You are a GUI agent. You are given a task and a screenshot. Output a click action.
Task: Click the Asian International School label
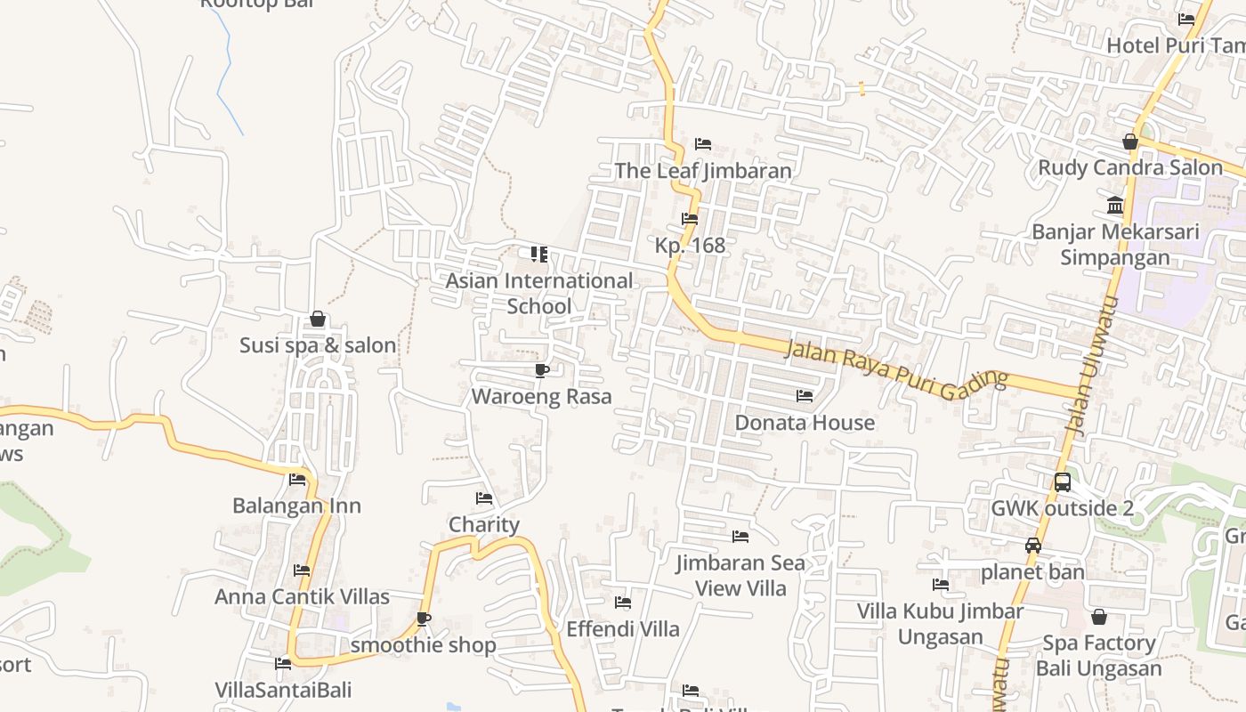tap(539, 293)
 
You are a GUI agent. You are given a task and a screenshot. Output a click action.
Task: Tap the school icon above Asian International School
tap(539, 255)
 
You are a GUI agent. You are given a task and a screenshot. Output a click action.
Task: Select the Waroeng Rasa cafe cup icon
tap(541, 370)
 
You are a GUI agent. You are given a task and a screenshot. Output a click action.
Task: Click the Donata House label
tap(805, 422)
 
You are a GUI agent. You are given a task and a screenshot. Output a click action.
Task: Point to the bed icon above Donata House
tap(805, 395)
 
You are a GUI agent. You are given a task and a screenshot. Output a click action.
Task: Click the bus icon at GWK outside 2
tap(1063, 482)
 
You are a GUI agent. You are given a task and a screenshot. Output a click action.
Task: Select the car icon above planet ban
tap(1033, 546)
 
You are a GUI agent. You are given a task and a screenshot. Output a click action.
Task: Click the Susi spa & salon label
tap(318, 345)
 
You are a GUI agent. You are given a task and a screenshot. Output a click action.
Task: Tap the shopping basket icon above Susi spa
tap(318, 319)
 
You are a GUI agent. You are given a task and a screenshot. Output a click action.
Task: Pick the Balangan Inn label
tap(296, 506)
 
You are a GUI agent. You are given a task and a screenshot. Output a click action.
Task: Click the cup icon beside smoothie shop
tap(424, 619)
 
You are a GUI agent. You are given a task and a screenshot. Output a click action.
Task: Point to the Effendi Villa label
tap(623, 629)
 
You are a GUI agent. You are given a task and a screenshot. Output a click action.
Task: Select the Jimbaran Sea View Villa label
tap(740, 575)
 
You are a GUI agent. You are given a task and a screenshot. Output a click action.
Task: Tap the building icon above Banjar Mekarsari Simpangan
tap(1115, 206)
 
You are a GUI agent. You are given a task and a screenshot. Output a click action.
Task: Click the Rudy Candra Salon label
tap(1130, 167)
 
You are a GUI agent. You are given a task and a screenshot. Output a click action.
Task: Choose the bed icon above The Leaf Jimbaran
tap(703, 144)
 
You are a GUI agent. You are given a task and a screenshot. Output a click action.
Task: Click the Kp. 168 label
tap(690, 245)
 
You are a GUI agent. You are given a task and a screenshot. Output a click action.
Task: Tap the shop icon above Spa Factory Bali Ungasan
tap(1099, 617)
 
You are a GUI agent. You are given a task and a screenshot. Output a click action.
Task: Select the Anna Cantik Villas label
tap(302, 596)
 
